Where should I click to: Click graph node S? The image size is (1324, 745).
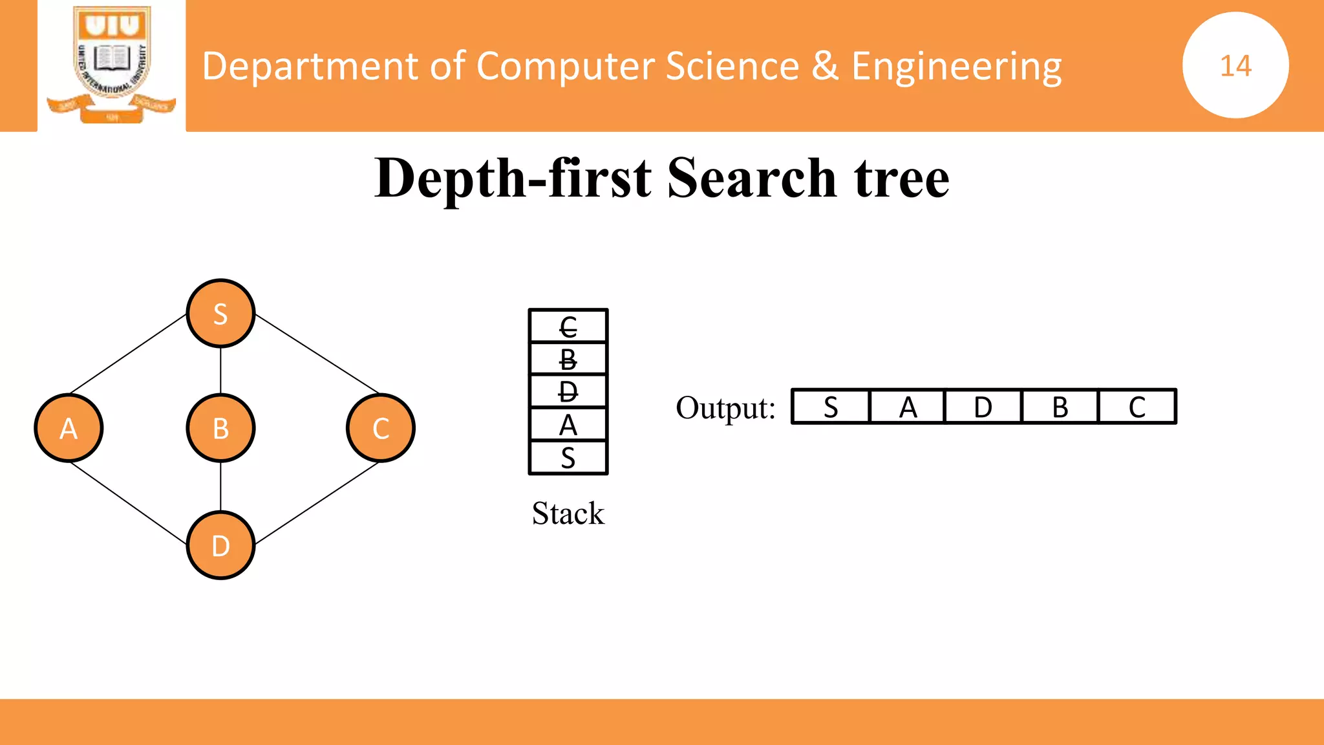coord(220,314)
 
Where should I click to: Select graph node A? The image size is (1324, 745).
coord(69,428)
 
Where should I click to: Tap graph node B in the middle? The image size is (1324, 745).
coord(220,428)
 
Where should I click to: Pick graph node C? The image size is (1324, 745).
coord(381,428)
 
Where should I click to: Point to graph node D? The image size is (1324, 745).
coord(220,546)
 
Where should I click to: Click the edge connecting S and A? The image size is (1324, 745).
coord(128,354)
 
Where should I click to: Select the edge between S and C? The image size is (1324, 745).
coord(317,354)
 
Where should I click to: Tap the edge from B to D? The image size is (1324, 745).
coord(220,486)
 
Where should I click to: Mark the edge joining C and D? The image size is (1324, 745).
coord(317,502)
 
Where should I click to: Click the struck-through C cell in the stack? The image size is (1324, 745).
coord(568,326)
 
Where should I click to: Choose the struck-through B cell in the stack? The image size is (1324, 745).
coord(568,359)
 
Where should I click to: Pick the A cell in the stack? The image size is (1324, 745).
coord(568,425)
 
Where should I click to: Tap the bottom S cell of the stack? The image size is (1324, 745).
coord(568,458)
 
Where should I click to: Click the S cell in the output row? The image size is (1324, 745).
coord(831,407)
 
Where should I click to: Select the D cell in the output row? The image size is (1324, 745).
coord(983,407)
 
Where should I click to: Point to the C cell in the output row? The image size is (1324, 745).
coord(1137,407)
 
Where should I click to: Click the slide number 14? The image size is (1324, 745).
coord(1235,65)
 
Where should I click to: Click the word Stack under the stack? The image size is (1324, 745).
coord(568,513)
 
